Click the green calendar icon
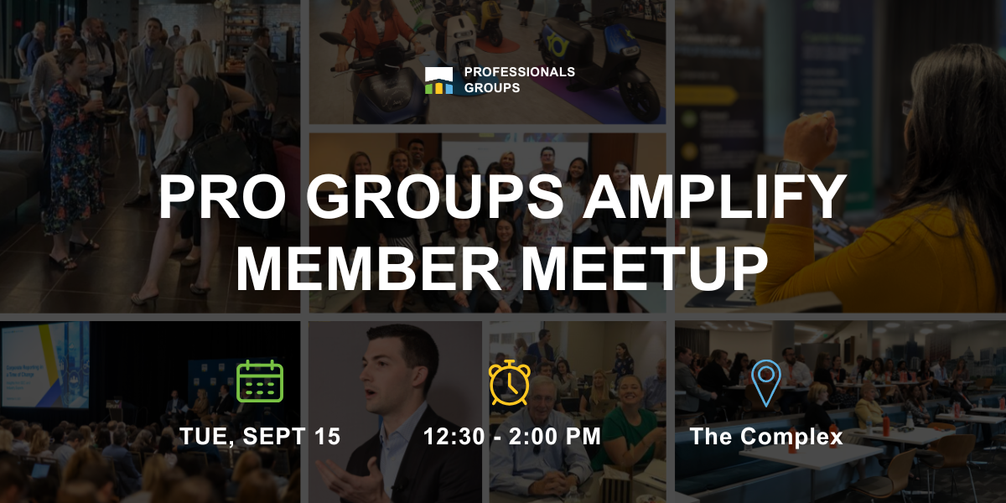coord(260,381)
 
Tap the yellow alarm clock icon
coord(510,382)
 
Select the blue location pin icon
coord(765,382)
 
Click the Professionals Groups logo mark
coord(438,80)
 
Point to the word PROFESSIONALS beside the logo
coord(520,72)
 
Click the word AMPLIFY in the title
coord(714,197)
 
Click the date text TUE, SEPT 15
coord(260,437)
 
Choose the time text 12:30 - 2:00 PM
coord(512,437)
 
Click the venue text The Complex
coord(766,437)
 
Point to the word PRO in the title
coord(222,197)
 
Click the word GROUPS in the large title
coord(435,197)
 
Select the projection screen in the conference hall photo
coord(45,365)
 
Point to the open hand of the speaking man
coord(350,480)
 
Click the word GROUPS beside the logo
coord(492,87)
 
